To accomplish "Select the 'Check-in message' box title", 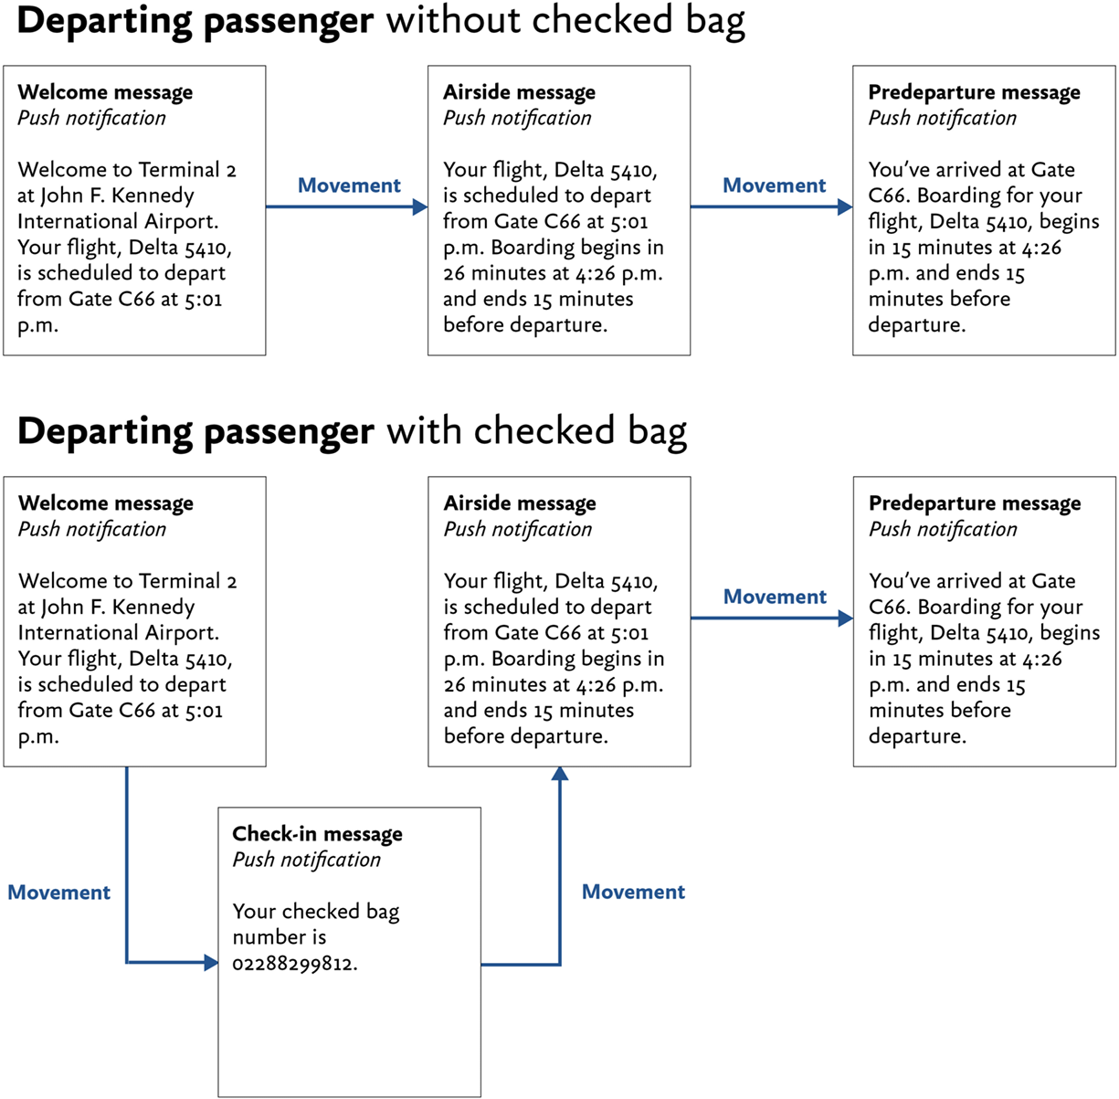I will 317,833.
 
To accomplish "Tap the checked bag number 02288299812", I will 294,963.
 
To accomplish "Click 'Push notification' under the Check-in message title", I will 306,860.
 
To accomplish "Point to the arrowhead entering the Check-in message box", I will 211,962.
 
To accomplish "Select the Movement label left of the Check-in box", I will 58,893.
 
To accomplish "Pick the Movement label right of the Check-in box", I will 633,892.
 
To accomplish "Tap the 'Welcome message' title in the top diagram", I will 105,92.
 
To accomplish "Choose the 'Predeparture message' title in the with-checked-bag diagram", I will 975,503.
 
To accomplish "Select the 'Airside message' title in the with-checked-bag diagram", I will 520,503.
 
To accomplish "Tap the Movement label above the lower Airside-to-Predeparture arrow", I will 775,597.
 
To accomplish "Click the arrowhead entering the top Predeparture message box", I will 845,207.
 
